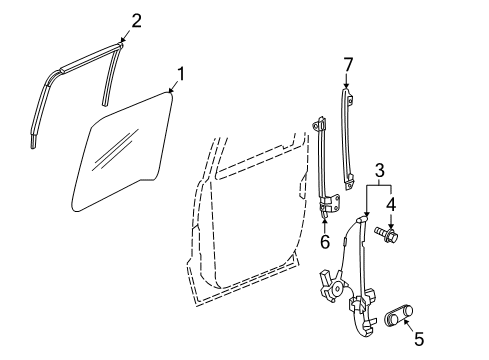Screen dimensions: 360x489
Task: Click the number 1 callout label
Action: pyautogui.click(x=181, y=72)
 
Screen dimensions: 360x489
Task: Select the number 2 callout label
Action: pyautogui.click(x=137, y=18)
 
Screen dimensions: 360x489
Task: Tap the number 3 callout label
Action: pyautogui.click(x=381, y=172)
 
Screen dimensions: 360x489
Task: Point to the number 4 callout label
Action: pyautogui.click(x=392, y=205)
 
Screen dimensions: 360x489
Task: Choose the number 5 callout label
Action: pyautogui.click(x=418, y=339)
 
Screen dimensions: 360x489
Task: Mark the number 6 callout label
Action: pyautogui.click(x=325, y=241)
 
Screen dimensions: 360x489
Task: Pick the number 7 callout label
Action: pyautogui.click(x=348, y=65)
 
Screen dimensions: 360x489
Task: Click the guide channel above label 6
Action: pyautogui.click(x=323, y=160)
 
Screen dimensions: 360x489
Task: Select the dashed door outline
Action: pyautogui.click(x=240, y=220)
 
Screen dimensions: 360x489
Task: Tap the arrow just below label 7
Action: pyautogui.click(x=348, y=84)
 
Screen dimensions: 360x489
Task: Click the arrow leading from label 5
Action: pyautogui.click(x=408, y=328)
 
